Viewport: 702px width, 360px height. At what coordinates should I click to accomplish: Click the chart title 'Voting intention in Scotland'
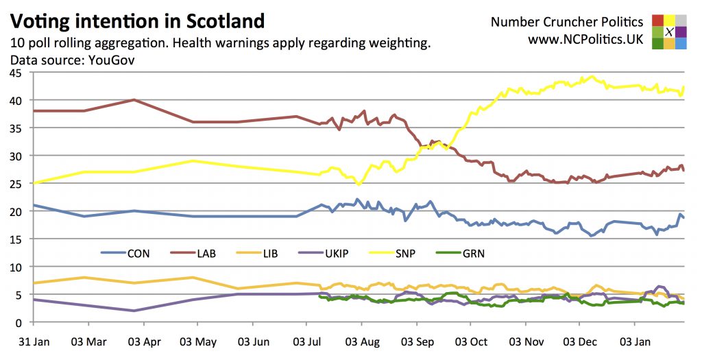[138, 21]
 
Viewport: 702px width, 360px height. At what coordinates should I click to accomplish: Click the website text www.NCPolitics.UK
[585, 40]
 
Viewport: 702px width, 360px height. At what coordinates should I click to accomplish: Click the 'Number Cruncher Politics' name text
[567, 22]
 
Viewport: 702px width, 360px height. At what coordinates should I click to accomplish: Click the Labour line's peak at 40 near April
[134, 99]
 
